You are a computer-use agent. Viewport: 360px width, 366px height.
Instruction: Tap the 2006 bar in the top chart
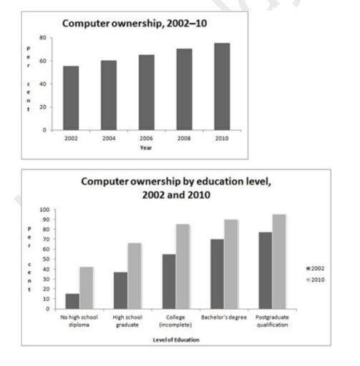(x=146, y=92)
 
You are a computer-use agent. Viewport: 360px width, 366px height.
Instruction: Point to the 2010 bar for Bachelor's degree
(x=231, y=264)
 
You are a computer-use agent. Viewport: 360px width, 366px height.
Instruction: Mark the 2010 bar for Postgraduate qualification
(x=279, y=262)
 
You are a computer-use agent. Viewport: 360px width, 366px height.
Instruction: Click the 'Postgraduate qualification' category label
(x=272, y=319)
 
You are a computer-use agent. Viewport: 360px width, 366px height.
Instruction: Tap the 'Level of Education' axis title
(x=175, y=339)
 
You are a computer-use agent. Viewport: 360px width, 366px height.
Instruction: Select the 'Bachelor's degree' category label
(x=225, y=315)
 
